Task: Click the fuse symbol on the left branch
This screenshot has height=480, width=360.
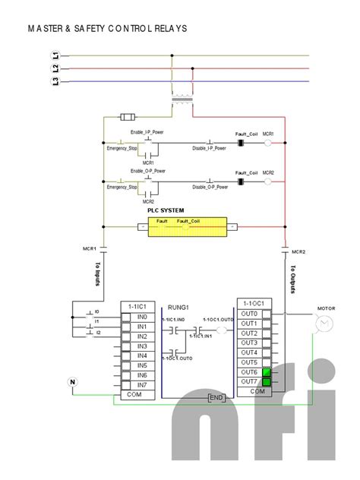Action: [x=128, y=117]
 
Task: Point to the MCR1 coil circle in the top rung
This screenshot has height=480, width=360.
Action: [x=267, y=142]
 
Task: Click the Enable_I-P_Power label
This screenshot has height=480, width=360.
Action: [x=147, y=132]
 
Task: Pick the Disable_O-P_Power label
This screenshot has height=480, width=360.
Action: [x=209, y=186]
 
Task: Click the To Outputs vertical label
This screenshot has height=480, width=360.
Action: [x=292, y=279]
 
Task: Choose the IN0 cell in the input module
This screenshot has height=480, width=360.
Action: [x=142, y=317]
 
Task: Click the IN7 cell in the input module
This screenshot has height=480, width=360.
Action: [x=142, y=385]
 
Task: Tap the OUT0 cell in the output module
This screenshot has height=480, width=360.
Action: [x=249, y=314]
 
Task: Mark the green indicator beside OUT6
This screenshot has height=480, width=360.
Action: [x=267, y=372]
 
